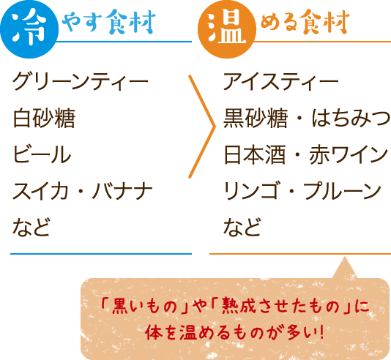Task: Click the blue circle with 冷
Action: point(29,29)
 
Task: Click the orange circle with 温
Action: point(227,29)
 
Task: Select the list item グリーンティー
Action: point(81,81)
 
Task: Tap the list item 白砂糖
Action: point(44,118)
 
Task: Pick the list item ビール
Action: point(42,154)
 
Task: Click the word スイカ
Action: point(41,191)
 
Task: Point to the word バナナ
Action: point(122,191)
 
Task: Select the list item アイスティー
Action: point(280,81)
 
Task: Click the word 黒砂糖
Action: point(255,118)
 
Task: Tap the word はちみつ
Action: point(351,118)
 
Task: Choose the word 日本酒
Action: point(255,154)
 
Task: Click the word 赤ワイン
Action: point(349,154)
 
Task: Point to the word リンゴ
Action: point(251,191)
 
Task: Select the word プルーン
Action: point(342,191)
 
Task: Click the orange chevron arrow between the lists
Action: point(214,127)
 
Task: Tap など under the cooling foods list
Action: point(31,227)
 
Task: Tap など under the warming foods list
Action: point(242,227)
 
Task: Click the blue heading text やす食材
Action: point(108,21)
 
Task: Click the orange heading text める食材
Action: point(305,21)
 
